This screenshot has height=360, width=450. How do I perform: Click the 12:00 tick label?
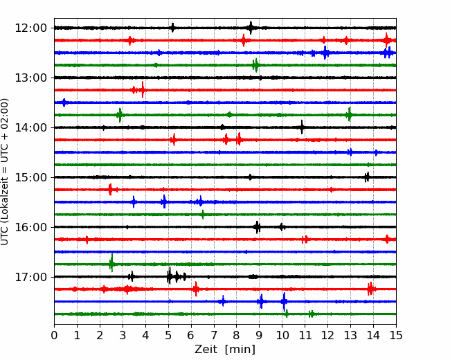click(30, 28)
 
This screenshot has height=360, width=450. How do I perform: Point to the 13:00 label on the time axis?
click(30, 78)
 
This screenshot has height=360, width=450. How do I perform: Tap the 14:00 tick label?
click(30, 127)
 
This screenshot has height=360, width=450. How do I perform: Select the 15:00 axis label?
click(30, 177)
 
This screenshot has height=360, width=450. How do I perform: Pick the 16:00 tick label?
click(30, 227)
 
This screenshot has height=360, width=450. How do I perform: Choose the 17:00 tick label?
click(30, 277)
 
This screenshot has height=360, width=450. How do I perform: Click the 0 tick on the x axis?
click(54, 335)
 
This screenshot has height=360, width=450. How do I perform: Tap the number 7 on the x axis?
click(214, 335)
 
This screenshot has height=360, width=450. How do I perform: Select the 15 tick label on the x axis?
click(396, 335)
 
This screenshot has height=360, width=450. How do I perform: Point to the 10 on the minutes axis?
click(282, 335)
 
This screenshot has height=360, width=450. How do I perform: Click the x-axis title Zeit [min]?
click(225, 350)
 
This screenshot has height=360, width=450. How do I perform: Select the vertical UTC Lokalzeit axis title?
click(5, 172)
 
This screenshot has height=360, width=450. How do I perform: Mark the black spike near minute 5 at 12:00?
click(172, 28)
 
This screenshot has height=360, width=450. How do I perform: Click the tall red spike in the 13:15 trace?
click(143, 90)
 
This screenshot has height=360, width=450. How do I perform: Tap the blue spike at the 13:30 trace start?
click(64, 102)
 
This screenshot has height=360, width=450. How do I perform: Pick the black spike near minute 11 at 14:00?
click(302, 127)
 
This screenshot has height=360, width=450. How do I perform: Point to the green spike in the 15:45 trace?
click(203, 215)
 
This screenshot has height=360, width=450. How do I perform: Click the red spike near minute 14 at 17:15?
click(370, 289)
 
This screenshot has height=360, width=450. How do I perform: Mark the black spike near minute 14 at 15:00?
click(367, 177)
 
